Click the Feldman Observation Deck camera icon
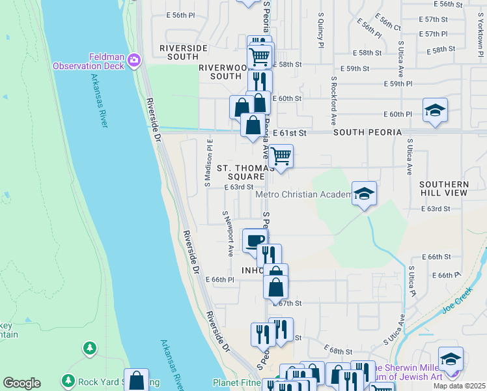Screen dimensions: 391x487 click(x=134, y=61)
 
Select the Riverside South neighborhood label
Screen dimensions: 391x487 click(x=184, y=53)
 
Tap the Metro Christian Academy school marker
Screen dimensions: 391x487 click(x=365, y=193)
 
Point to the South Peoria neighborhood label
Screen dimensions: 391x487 click(x=367, y=132)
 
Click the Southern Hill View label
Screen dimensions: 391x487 click(x=443, y=189)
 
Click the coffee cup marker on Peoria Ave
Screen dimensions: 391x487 click(x=255, y=240)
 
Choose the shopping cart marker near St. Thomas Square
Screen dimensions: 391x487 click(x=281, y=156)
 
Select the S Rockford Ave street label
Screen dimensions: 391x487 click(x=333, y=101)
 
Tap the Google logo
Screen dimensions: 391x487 click(x=22, y=383)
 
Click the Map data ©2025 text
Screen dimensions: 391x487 click(x=459, y=386)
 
